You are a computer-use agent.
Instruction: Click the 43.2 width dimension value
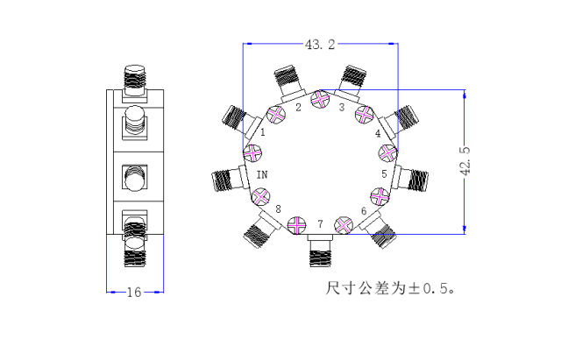coord(320,45)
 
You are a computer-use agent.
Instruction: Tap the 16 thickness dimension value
coord(134,293)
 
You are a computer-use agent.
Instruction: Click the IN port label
coord(262,174)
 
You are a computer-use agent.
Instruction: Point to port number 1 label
coord(263,132)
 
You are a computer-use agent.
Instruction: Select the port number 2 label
coord(298,107)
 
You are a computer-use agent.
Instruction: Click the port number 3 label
coord(342,107)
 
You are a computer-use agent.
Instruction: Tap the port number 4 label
coord(378,133)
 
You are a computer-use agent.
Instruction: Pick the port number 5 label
coord(384,174)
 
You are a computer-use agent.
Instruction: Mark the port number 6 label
coord(364,211)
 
